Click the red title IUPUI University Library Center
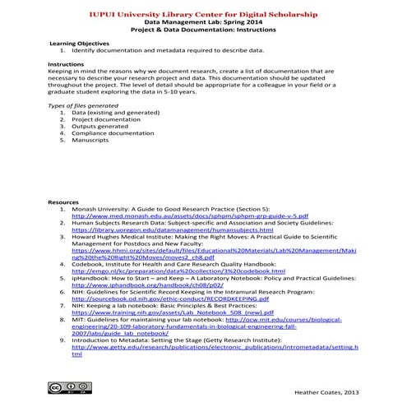tap(203, 13)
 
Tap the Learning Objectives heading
tap(79, 42)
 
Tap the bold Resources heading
tap(63, 201)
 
